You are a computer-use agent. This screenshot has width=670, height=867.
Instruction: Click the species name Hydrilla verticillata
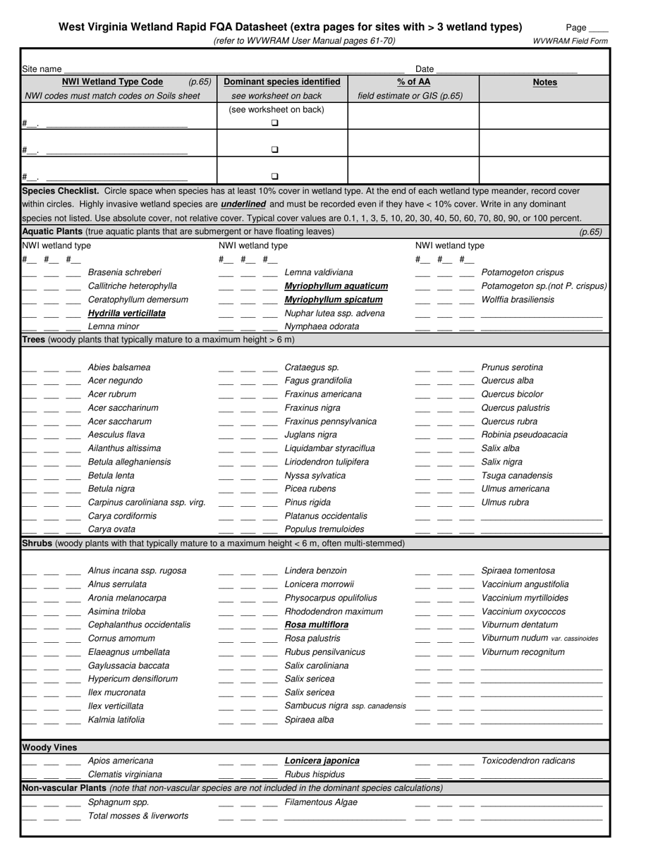pos(127,313)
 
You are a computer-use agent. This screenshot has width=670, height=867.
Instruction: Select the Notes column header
pos(544,82)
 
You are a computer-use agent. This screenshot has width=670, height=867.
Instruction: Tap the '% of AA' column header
pos(413,82)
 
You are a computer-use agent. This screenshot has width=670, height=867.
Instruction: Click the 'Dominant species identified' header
pos(281,82)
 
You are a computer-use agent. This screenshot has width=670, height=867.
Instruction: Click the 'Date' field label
pos(425,69)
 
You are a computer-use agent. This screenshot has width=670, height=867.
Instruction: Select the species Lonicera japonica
pos(322,761)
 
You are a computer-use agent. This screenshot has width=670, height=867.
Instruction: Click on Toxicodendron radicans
pos(528,761)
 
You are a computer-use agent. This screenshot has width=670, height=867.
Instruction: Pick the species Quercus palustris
pos(515,407)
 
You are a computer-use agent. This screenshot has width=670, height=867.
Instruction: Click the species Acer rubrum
pos(112,394)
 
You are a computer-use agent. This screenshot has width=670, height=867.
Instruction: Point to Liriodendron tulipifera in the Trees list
pos(327,462)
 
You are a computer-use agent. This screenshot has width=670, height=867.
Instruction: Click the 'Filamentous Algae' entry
pos(321,802)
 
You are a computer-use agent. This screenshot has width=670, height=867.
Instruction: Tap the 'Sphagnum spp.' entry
pos(118,802)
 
